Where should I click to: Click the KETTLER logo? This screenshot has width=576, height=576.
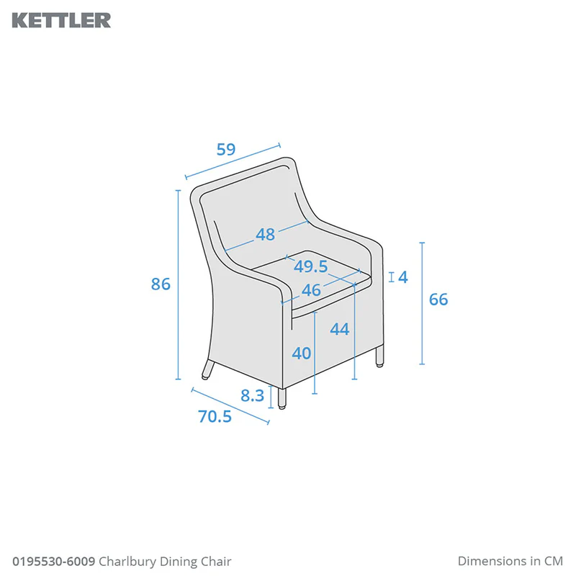pos(61,20)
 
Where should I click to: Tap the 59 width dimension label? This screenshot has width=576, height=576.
pos(225,149)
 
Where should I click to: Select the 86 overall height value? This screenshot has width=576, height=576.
pos(161,284)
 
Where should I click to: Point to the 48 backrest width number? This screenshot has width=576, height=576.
pos(265,235)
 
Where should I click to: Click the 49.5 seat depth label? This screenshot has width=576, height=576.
pos(310,266)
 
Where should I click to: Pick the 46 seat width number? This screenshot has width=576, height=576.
pos(311,290)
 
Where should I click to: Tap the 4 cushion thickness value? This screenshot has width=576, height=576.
pos(403,277)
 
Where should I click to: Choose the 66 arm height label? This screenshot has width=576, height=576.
pos(438,300)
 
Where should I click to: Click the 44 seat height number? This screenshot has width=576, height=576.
pos(339,329)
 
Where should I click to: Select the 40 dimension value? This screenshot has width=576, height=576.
pos(301,353)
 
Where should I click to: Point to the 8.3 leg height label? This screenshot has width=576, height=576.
pos(253,395)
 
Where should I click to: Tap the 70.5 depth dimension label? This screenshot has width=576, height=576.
pos(215,416)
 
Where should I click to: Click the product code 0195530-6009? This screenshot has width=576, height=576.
pos(53,562)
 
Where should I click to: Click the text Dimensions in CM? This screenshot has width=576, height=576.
pos(510,561)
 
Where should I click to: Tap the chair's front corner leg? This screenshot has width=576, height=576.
pos(282,399)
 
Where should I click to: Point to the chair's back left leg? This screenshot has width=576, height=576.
pos(207,369)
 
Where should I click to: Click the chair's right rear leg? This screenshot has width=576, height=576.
pos(379,356)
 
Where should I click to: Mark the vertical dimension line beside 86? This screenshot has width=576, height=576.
pos(178,284)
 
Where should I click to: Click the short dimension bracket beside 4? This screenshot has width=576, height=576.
pos(392,277)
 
